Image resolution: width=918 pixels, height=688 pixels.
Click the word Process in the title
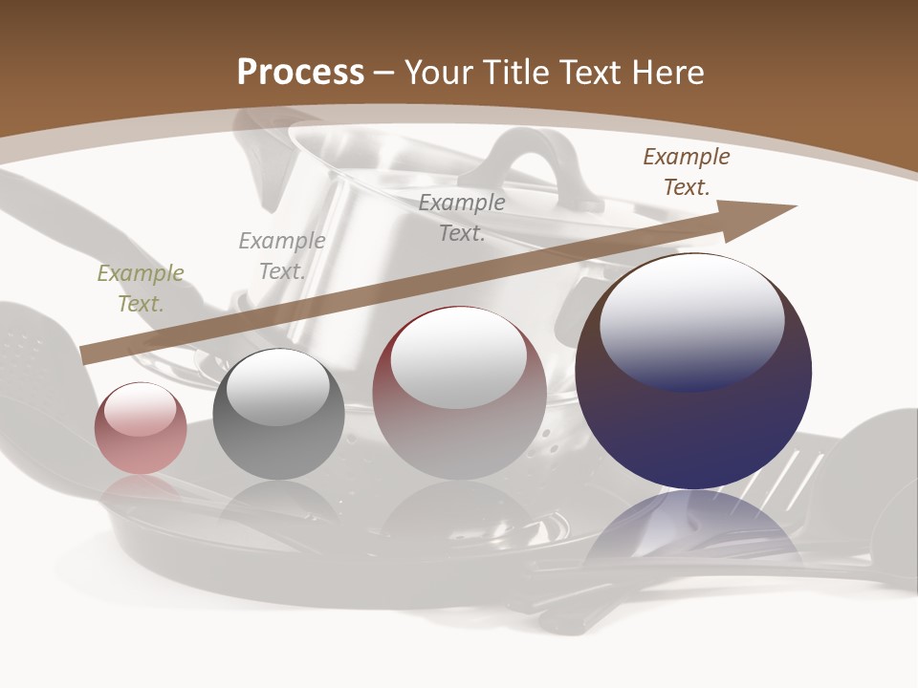(x=300, y=72)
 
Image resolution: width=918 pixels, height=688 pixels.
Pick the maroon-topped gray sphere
(x=459, y=430)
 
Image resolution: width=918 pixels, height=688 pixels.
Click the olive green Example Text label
(x=141, y=289)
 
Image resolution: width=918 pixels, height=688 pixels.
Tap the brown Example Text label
(x=686, y=172)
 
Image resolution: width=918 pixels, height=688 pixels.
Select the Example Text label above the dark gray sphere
(x=282, y=256)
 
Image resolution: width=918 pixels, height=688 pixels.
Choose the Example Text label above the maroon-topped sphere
(x=462, y=218)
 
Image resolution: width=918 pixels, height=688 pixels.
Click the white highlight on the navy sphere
(x=691, y=320)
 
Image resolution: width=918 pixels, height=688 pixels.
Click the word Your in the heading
(x=441, y=72)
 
